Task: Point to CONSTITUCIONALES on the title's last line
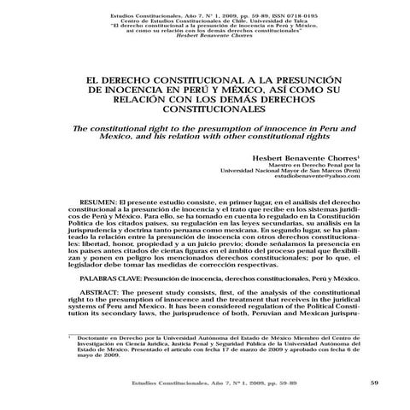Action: point(206,110)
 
